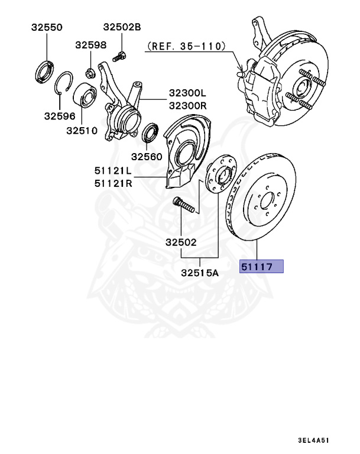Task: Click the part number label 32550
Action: coord(46,27)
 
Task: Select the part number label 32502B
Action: coord(122,27)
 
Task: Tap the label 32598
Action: coord(90,45)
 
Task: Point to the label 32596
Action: coord(59,116)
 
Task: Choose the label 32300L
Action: coord(187,93)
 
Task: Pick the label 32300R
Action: coord(187,105)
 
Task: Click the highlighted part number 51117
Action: coord(261,267)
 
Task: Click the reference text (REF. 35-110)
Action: coord(185,45)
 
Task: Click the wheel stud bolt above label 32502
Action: coord(184,208)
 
